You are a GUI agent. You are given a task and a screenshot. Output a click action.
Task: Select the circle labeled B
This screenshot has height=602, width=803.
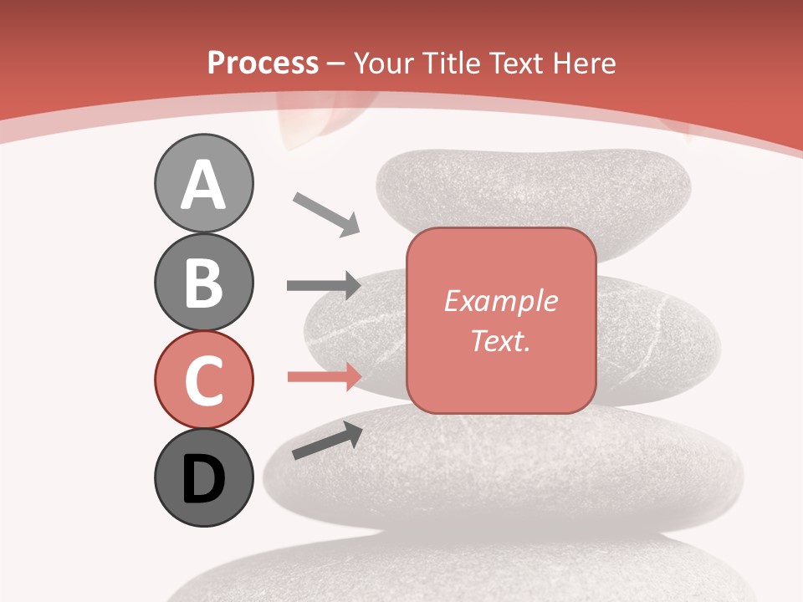pyautogui.click(x=203, y=282)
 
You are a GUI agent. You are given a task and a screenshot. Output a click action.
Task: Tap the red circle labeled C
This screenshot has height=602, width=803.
pyautogui.click(x=203, y=380)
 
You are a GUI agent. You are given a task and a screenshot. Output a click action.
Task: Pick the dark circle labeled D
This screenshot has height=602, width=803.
pyautogui.click(x=203, y=478)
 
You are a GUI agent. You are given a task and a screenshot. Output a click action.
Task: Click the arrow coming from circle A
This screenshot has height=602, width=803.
pyautogui.click(x=326, y=212)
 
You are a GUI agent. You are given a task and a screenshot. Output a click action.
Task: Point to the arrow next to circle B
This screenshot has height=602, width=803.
pyautogui.click(x=324, y=286)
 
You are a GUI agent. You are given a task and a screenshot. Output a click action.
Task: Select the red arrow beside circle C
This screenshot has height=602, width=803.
pyautogui.click(x=324, y=376)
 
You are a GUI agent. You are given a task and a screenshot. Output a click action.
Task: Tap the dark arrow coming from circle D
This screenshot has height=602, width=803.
pyautogui.click(x=327, y=441)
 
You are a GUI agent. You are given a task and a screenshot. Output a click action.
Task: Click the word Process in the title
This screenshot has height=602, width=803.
pyautogui.click(x=263, y=63)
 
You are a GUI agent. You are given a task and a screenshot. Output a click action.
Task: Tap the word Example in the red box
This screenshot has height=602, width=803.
pyautogui.click(x=500, y=301)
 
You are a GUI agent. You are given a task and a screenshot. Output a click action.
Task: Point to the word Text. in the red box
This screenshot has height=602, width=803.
pyautogui.click(x=500, y=340)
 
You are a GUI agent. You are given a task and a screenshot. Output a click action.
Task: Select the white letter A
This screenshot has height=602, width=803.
pyautogui.click(x=203, y=185)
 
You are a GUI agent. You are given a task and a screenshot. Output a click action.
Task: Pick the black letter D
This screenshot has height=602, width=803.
pyautogui.click(x=203, y=480)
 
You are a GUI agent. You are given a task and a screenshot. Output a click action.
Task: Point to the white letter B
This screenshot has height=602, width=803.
pyautogui.click(x=203, y=283)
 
